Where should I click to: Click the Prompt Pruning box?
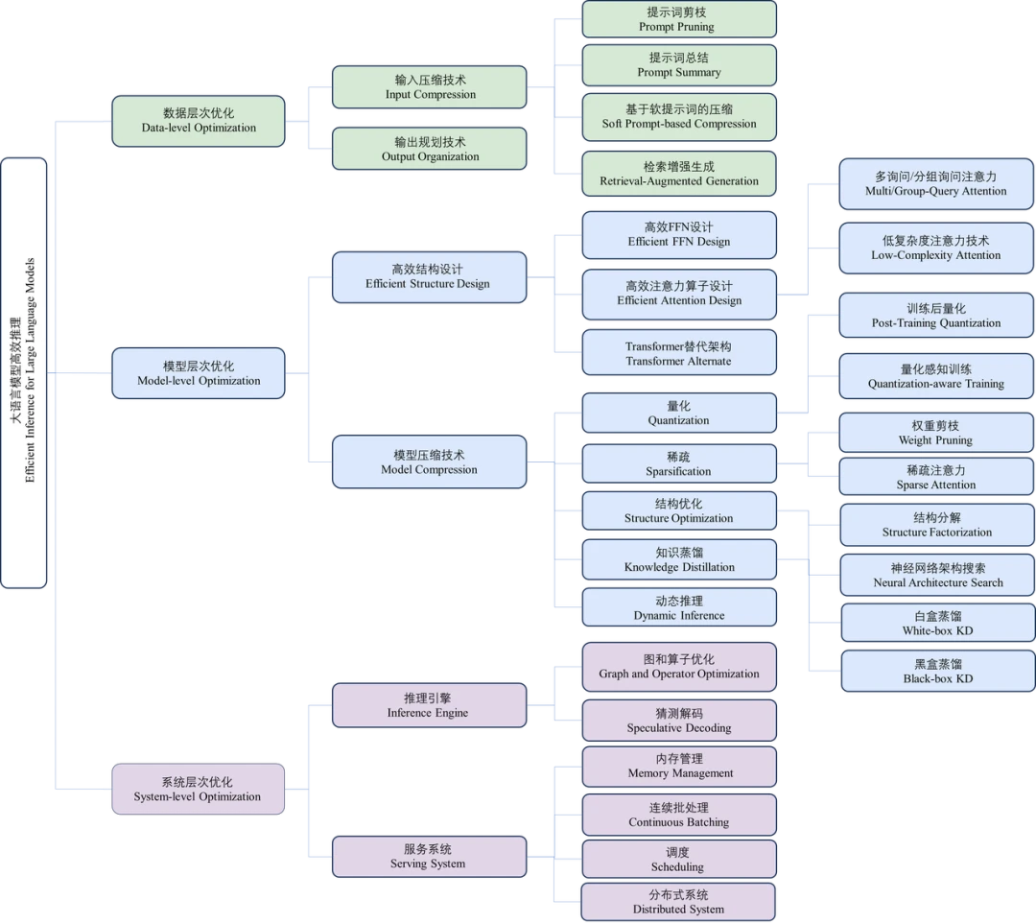[679, 19]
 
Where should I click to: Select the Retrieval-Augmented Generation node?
[679, 174]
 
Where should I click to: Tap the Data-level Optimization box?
[199, 121]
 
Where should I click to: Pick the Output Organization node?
[430, 149]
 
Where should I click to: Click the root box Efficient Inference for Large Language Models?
[24, 372]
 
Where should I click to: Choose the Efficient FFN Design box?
[679, 234]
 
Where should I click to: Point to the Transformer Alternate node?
[679, 353]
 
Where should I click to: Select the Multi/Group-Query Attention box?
[936, 183]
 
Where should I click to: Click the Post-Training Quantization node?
[936, 315]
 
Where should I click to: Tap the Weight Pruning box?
[936, 433]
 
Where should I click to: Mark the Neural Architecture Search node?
[937, 575]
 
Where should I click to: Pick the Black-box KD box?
[938, 671]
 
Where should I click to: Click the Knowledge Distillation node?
[679, 559]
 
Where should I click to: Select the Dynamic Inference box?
[679, 607]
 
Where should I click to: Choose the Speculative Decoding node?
[679, 721]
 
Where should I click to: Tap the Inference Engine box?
[430, 705]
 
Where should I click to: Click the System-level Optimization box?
[199, 789]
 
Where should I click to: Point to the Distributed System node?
[678, 902]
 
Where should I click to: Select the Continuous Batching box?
[679, 815]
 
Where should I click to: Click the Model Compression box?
[430, 461]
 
